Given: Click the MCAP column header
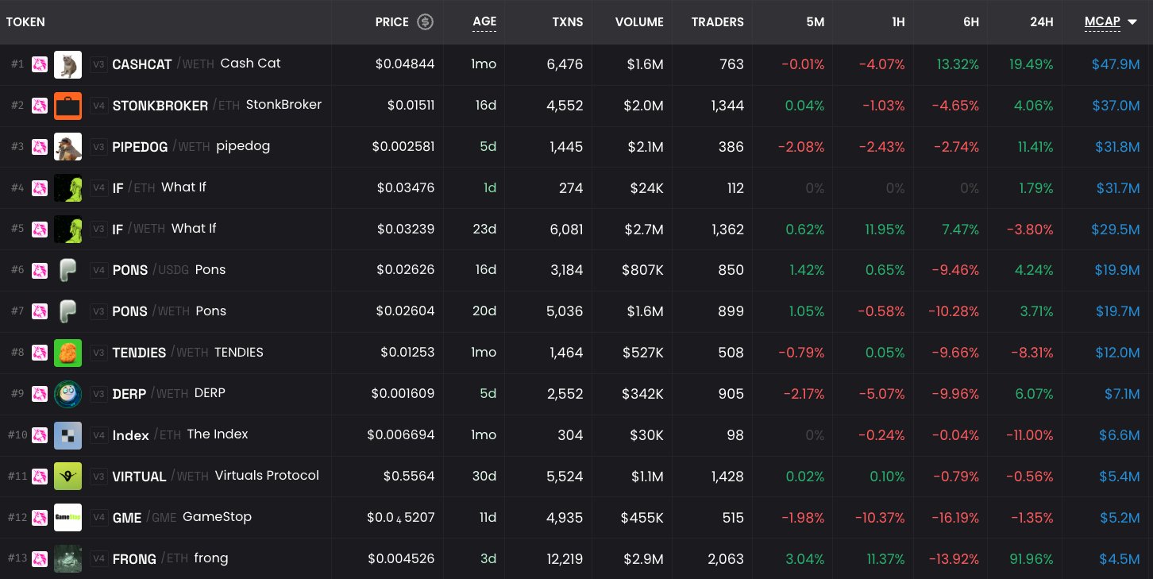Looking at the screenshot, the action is click(1102, 21).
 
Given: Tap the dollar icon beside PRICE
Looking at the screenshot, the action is click(425, 21).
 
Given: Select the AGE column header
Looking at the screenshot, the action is click(484, 21).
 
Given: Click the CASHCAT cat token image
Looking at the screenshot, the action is click(68, 64).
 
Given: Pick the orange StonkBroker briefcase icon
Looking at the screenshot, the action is click(68, 106).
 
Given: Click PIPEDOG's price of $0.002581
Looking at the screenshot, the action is click(403, 147).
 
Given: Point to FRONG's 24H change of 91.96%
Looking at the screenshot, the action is click(1031, 558).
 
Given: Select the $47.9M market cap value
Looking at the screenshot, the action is click(1116, 64).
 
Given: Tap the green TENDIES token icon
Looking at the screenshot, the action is click(68, 353).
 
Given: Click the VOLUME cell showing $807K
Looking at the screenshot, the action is click(642, 270).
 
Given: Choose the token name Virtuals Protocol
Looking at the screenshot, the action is click(267, 475).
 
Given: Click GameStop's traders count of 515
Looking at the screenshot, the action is click(733, 517).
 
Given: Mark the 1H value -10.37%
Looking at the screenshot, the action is click(880, 517).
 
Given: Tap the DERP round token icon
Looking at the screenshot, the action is click(68, 394).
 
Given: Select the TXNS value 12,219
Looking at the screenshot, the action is click(564, 558).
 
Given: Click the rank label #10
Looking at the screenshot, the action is click(17, 435).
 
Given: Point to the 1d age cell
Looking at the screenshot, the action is click(489, 188).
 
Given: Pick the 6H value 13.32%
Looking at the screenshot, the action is click(958, 64).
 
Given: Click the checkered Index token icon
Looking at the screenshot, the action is click(68, 435).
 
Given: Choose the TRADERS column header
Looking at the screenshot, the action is click(717, 22).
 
